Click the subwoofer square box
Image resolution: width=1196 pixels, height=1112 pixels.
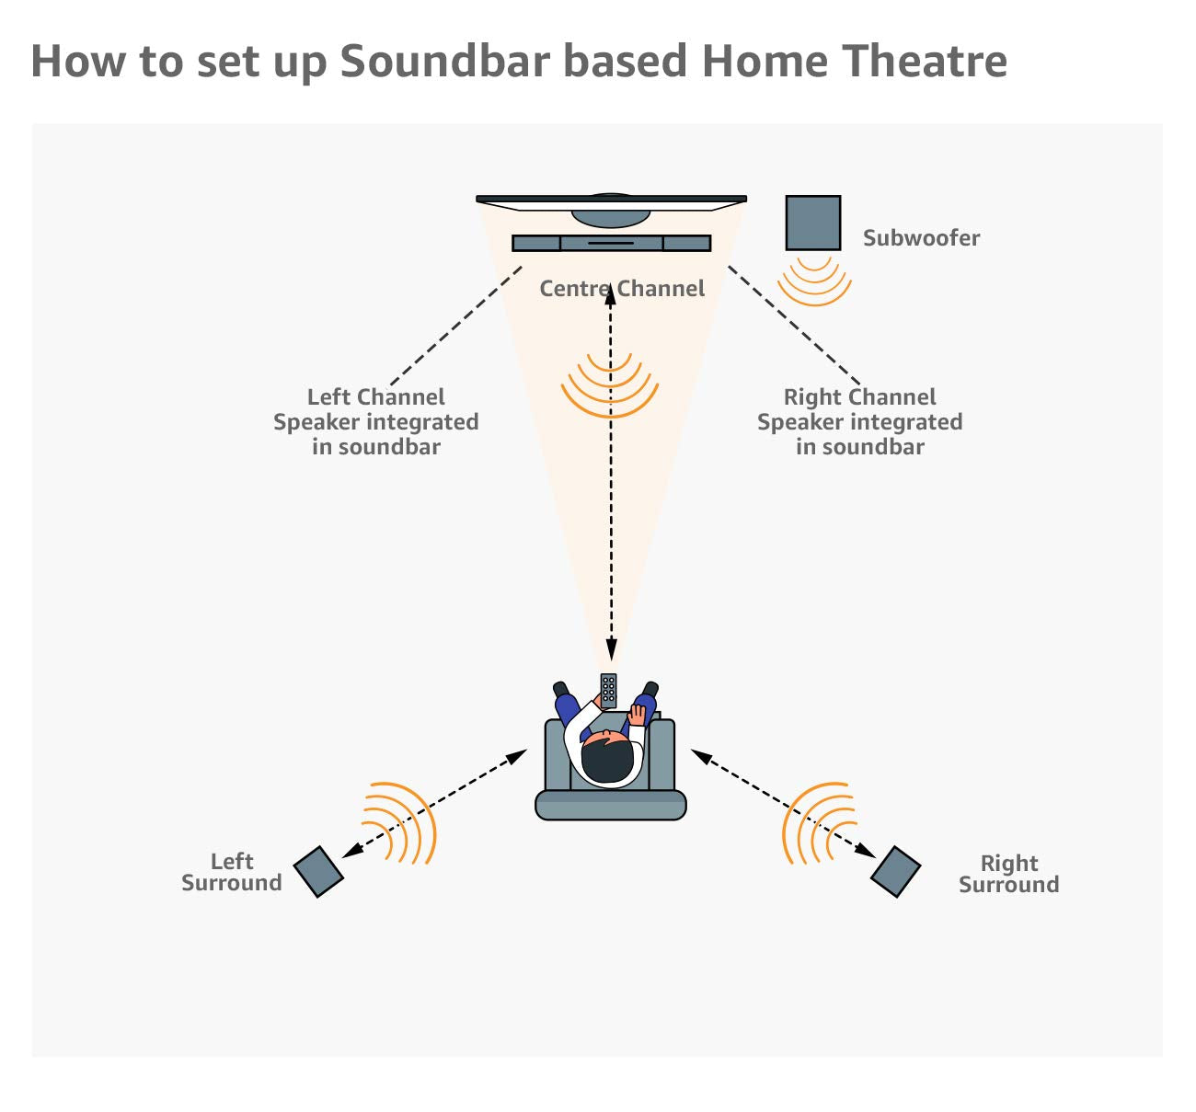(812, 223)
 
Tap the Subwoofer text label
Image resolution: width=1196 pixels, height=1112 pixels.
(921, 238)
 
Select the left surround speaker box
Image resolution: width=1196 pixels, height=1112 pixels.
(318, 872)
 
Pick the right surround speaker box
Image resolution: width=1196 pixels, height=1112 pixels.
(895, 872)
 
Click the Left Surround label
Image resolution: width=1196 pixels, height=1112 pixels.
(232, 872)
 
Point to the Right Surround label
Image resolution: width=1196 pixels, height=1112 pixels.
(1008, 874)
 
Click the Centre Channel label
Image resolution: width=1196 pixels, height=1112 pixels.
(622, 289)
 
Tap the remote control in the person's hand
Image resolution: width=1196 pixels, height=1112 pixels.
(608, 690)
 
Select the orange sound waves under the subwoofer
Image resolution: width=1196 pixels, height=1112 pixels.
(814, 281)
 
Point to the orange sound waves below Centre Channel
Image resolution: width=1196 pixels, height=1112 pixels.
(610, 386)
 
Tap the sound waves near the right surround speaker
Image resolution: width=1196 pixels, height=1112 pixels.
(815, 823)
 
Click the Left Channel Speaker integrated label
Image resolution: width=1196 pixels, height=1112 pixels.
(375, 422)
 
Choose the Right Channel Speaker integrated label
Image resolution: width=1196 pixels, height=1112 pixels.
(859, 422)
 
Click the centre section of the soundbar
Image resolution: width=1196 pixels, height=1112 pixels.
(611, 243)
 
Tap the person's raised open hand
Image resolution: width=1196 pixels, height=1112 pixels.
(638, 713)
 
